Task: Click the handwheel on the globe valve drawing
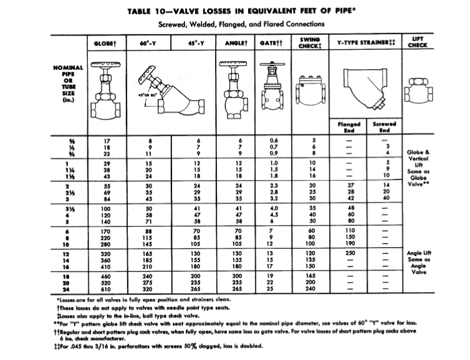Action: point(106,64)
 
